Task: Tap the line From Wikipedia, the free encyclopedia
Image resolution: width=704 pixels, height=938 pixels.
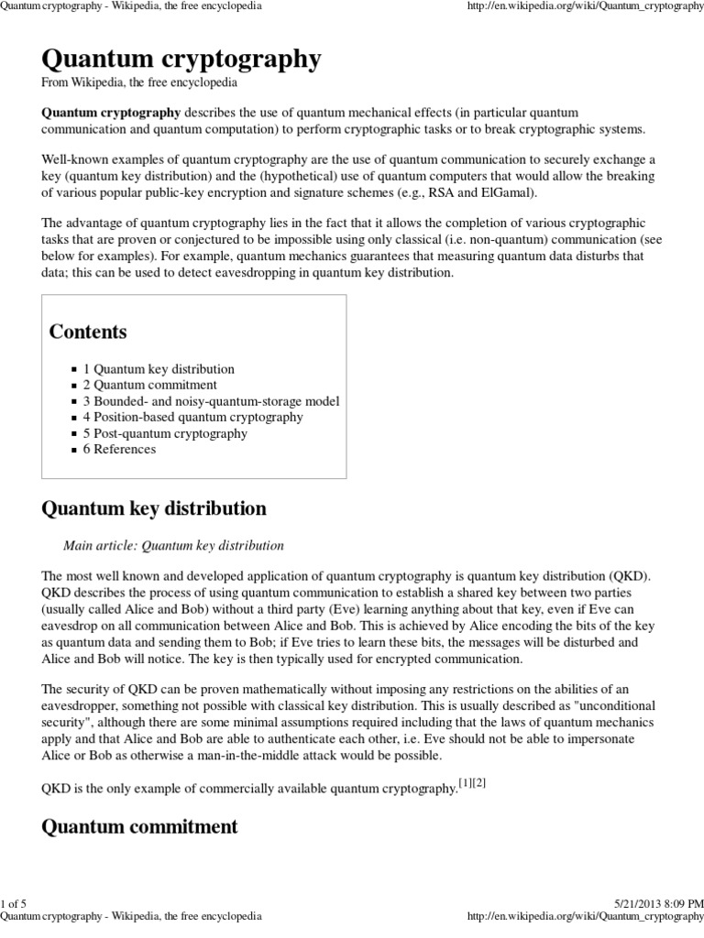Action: [x=139, y=83]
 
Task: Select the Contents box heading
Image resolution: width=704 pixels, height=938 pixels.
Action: [x=87, y=332]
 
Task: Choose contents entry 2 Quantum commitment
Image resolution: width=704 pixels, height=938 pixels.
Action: [x=149, y=386]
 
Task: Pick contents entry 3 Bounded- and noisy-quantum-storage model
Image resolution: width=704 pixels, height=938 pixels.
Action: [x=211, y=401]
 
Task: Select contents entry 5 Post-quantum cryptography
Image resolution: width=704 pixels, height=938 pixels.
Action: [x=165, y=433]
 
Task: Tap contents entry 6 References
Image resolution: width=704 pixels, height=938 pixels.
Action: [x=119, y=450]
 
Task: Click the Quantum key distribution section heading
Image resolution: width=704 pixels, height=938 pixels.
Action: [x=154, y=508]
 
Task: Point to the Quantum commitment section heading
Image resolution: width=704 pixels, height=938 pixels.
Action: [x=139, y=827]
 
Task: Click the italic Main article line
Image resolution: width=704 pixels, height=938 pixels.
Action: [x=173, y=546]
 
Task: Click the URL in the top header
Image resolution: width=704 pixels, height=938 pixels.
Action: [x=586, y=6]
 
